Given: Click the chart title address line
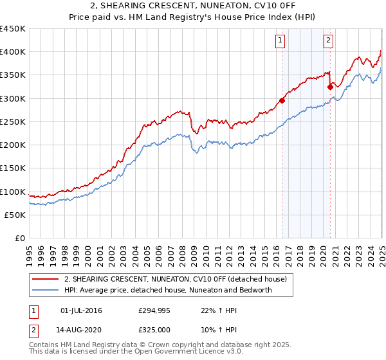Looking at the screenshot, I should [192, 6].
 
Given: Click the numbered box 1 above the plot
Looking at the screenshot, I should [281, 40].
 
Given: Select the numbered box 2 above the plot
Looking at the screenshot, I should [328, 40].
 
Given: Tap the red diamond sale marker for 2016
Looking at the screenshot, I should [282, 100].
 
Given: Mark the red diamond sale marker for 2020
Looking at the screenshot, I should [330, 86].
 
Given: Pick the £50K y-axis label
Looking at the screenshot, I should [15, 215].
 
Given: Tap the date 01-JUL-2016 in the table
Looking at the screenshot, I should [81, 310].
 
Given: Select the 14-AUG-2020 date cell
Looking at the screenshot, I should [82, 330].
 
